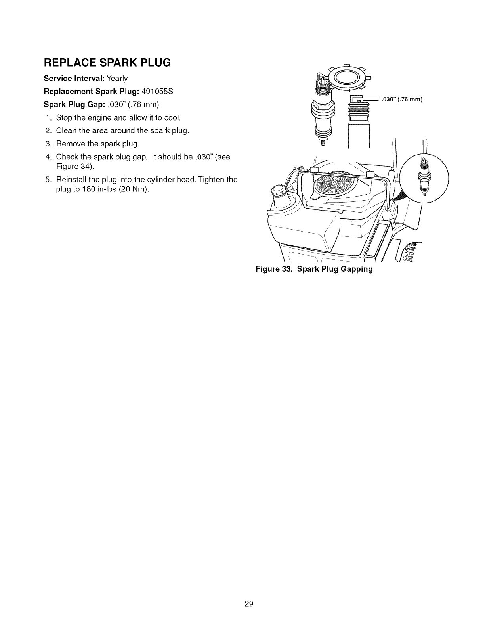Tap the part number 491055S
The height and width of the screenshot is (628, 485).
coord(157,91)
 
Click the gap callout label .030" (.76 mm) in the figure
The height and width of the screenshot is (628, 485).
coord(402,100)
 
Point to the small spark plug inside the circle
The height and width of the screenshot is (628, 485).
coord(424,176)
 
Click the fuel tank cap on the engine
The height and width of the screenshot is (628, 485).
coord(279,191)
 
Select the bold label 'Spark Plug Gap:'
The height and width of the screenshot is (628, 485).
coord(69,105)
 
